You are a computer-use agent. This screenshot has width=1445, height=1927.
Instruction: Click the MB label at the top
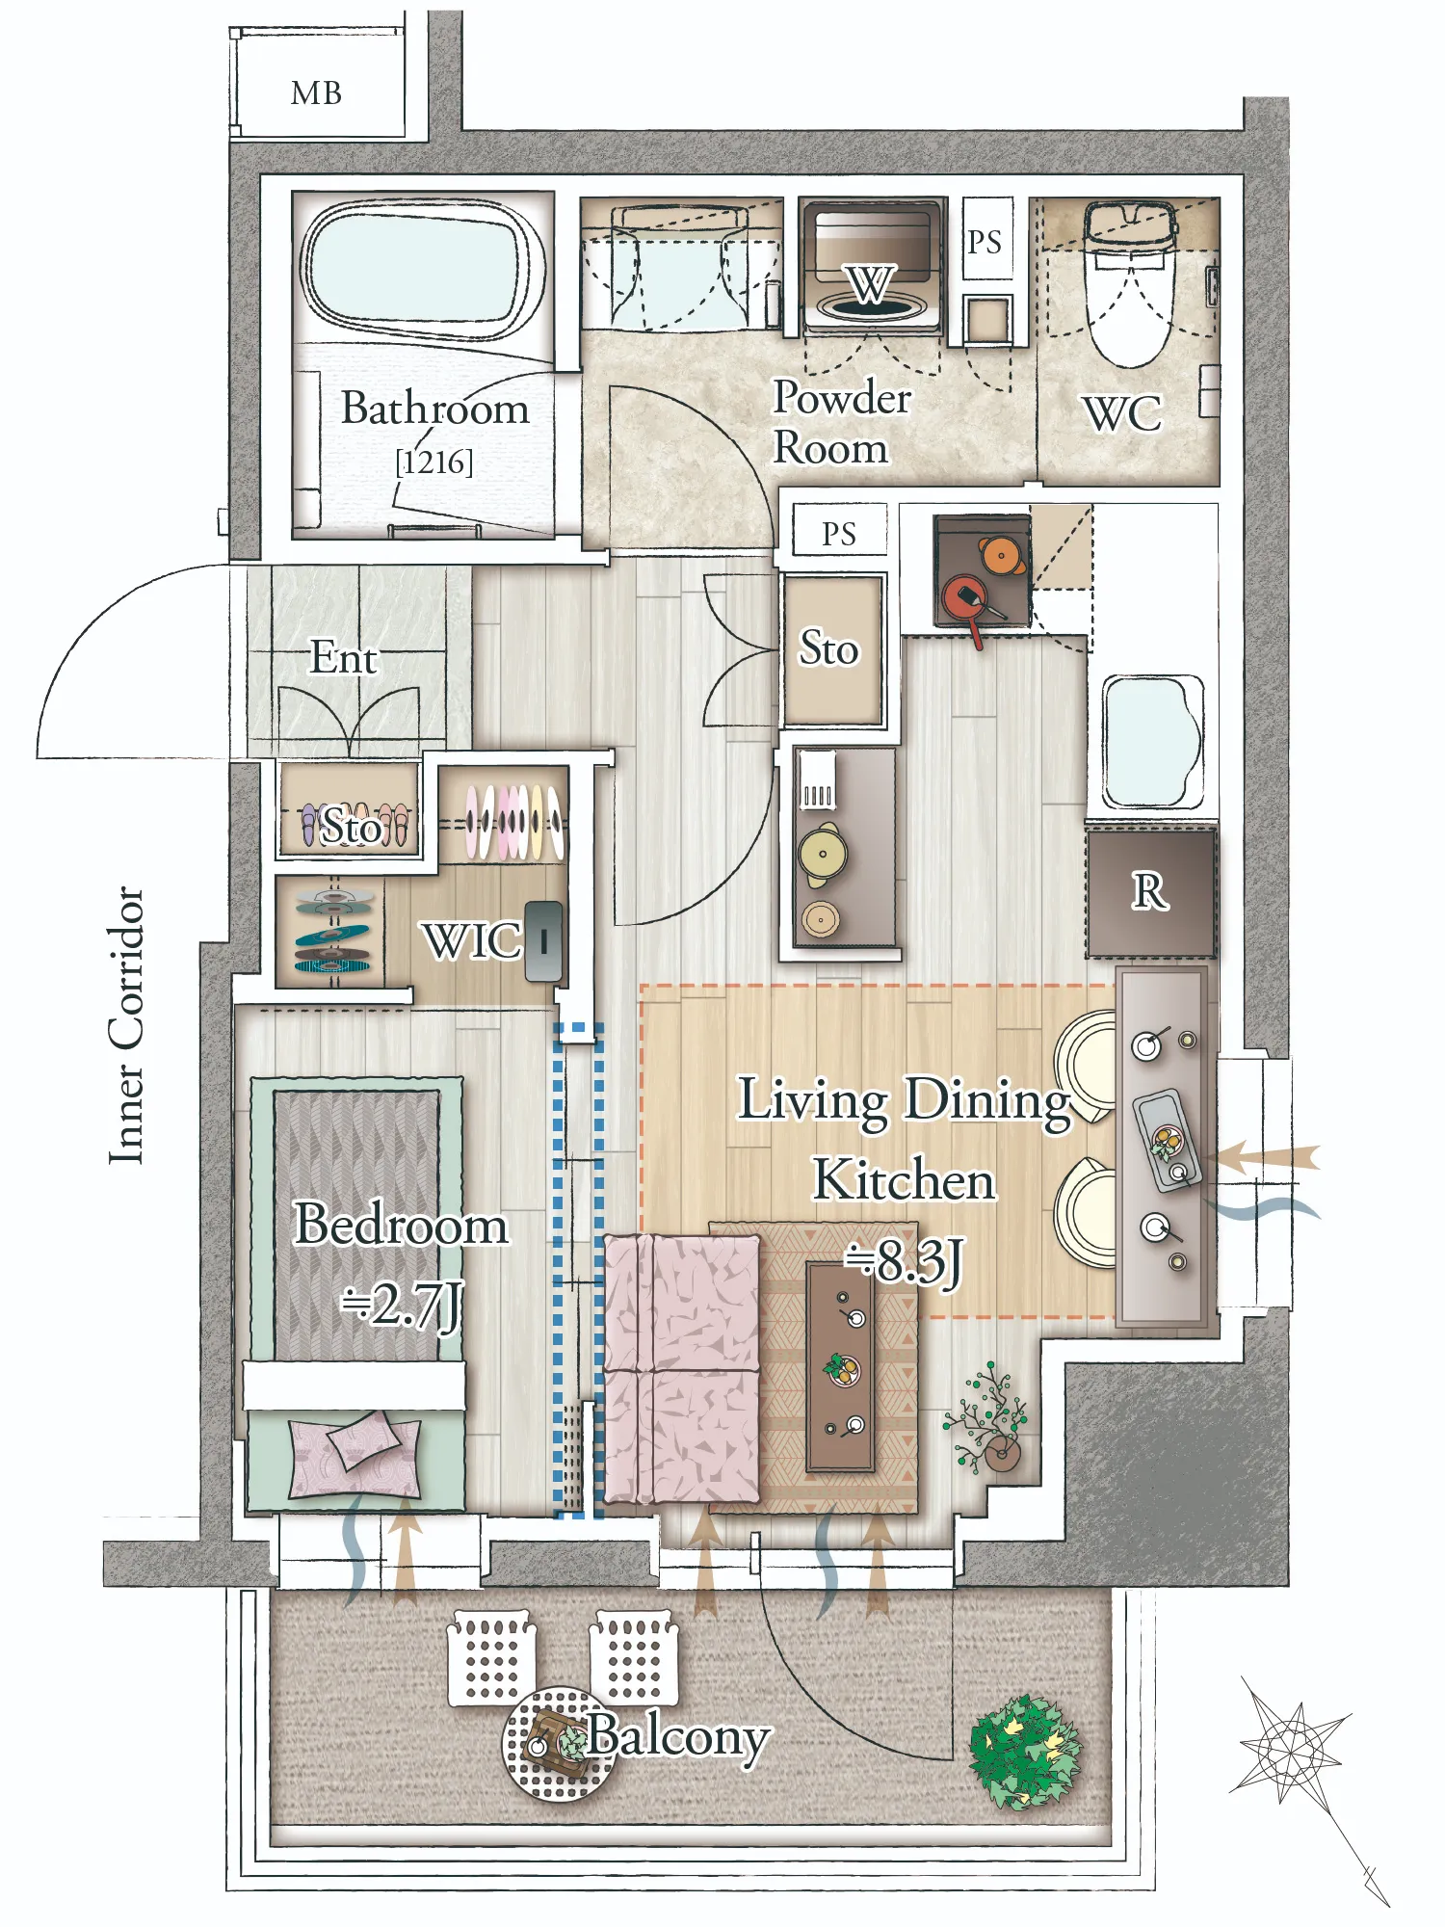(x=316, y=93)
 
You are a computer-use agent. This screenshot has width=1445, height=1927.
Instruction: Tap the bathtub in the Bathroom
(x=421, y=267)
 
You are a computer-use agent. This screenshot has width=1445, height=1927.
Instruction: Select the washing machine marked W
(x=870, y=267)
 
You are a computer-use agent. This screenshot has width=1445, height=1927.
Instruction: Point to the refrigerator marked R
(x=1150, y=892)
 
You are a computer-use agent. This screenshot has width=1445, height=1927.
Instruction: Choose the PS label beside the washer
(x=985, y=241)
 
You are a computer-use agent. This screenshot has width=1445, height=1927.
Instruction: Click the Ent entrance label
(x=343, y=658)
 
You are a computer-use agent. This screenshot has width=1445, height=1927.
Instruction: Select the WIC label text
(x=472, y=940)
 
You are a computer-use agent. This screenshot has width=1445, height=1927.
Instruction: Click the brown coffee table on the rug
(x=840, y=1368)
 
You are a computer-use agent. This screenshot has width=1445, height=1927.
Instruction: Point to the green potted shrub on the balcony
(x=1025, y=1752)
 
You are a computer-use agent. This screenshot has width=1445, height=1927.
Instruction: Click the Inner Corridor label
(x=126, y=1025)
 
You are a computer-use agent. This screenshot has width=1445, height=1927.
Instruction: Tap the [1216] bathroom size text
(x=434, y=462)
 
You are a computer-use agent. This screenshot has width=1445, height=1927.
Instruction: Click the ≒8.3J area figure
(x=904, y=1262)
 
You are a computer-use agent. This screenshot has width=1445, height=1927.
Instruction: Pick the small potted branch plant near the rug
(x=988, y=1416)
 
